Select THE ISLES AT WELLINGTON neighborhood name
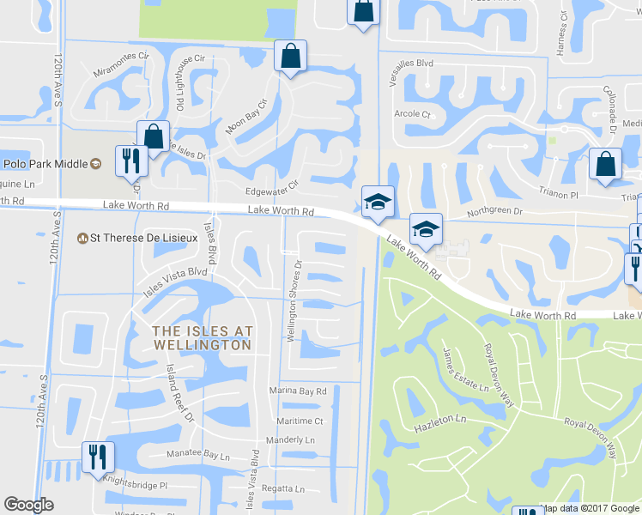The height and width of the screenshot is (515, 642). pos(203,337)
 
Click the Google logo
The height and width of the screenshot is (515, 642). pos(28,505)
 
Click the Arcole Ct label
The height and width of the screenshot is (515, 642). pos(412,113)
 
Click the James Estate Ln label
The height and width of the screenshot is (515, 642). pos(465,369)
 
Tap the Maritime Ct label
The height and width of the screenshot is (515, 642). pos(300,421)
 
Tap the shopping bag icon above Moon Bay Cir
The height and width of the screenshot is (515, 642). pos(290,57)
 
